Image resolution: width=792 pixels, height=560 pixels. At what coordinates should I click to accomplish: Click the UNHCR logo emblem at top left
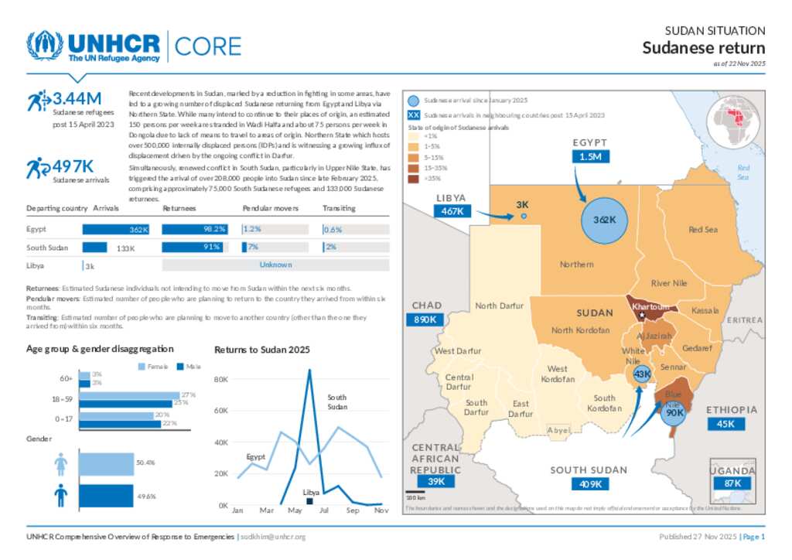[x=44, y=46]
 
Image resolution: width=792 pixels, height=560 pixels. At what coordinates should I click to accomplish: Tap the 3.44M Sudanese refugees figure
[x=77, y=99]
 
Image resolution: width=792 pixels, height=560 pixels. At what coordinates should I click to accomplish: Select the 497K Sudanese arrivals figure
[x=73, y=166]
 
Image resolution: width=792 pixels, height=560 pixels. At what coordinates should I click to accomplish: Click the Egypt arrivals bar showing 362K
[x=116, y=229]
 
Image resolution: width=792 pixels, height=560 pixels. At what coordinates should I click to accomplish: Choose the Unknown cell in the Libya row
[x=275, y=265]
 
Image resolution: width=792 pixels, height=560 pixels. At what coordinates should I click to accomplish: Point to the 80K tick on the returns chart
[x=220, y=380]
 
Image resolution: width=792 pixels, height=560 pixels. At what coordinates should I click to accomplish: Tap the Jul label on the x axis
[x=324, y=510]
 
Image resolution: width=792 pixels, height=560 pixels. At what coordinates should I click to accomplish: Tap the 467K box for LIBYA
[x=452, y=210]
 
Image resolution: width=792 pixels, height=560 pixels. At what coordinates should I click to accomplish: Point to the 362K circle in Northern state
[x=604, y=220]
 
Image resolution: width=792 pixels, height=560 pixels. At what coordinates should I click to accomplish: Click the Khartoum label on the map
[x=650, y=307]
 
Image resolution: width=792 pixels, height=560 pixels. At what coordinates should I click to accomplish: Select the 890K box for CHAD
[x=425, y=319]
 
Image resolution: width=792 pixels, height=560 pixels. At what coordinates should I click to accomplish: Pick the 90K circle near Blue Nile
[x=674, y=413]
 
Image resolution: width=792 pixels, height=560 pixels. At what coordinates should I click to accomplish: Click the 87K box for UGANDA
[x=732, y=483]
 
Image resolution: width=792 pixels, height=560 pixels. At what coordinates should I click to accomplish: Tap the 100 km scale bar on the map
[x=415, y=491]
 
